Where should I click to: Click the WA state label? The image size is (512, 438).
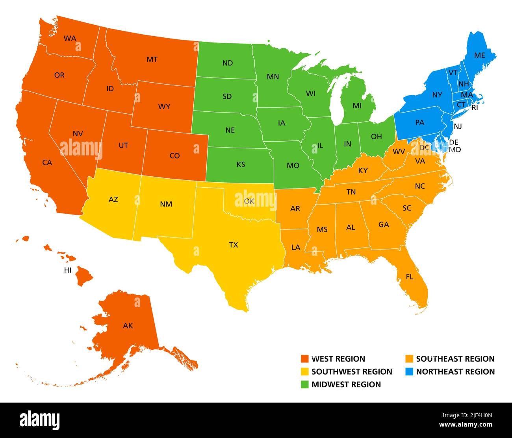pyautogui.click(x=70, y=39)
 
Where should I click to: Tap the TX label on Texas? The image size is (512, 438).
pyautogui.click(x=234, y=245)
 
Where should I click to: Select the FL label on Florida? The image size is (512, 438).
pyautogui.click(x=410, y=277)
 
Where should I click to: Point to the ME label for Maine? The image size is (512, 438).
pyautogui.click(x=479, y=55)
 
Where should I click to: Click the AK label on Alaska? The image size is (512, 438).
pyautogui.click(x=128, y=325)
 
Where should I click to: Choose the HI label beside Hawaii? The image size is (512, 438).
pyautogui.click(x=68, y=270)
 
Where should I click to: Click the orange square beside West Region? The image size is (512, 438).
pyautogui.click(x=304, y=359)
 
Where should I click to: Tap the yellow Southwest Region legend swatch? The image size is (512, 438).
pyautogui.click(x=304, y=371)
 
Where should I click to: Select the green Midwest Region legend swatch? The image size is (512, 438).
pyautogui.click(x=304, y=384)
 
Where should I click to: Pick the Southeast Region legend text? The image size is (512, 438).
pyautogui.click(x=455, y=359)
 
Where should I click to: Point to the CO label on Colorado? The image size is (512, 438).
pyautogui.click(x=174, y=156)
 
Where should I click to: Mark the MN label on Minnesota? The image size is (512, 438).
pyautogui.click(x=273, y=77)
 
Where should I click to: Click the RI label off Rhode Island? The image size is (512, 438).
pyautogui.click(x=475, y=107)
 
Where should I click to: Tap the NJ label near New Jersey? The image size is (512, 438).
pyautogui.click(x=457, y=126)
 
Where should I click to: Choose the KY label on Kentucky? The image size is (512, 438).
pyautogui.click(x=363, y=170)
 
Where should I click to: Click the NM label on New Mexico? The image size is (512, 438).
pyautogui.click(x=166, y=204)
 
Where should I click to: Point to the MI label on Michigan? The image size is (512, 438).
pyautogui.click(x=357, y=105)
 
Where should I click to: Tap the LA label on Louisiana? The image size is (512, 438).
pyautogui.click(x=296, y=247)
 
